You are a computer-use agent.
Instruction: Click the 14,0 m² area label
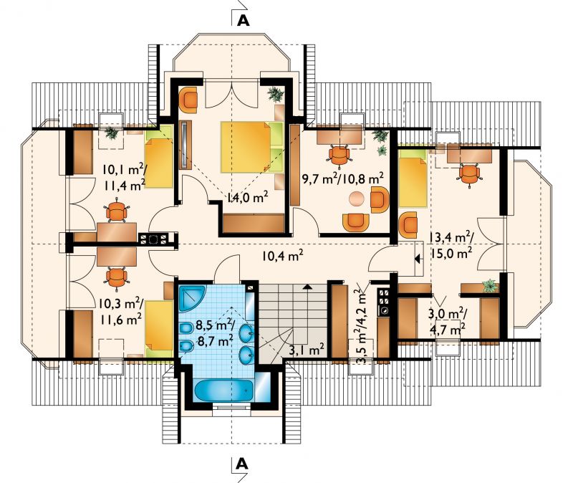247,198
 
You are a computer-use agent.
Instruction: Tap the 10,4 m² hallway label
284,256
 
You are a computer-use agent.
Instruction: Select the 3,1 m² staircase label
307,350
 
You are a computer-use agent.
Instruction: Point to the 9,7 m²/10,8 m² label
343,179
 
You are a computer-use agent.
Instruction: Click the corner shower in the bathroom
192,298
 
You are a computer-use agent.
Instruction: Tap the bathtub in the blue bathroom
223,391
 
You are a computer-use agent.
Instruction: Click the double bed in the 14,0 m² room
252,147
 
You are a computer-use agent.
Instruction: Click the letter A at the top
244,21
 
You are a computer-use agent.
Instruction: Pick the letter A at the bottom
241,464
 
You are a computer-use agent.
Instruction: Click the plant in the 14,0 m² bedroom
276,95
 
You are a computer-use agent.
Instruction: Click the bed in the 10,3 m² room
159,328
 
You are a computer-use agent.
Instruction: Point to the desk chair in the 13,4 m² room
469,175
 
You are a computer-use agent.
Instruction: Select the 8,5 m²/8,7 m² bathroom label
215,333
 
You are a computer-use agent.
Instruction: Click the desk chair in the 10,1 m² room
117,211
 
